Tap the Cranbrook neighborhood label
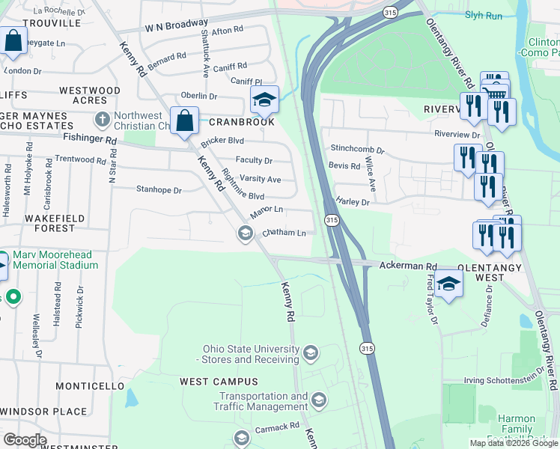coord(242,122)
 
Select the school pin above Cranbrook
coord(264,100)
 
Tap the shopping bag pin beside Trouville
coord(13,42)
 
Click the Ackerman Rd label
coord(407,266)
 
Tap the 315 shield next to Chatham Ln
coord(332,220)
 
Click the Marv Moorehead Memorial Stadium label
coord(54,260)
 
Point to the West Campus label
coord(208,382)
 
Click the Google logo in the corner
coord(25,439)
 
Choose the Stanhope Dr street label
coord(159,190)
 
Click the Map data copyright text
coord(513,443)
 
